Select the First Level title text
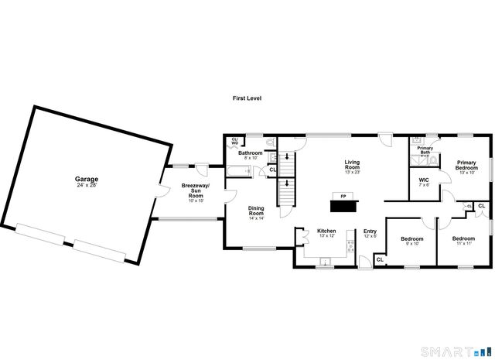[x=247, y=98]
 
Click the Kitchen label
[x=326, y=231]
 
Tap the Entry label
[x=370, y=231]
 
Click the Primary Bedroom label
[x=466, y=167]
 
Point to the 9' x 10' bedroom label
[x=411, y=241]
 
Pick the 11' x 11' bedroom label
[x=463, y=241]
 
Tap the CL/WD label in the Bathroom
[x=234, y=141]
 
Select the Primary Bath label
[x=425, y=150]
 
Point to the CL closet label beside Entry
[x=380, y=260]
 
